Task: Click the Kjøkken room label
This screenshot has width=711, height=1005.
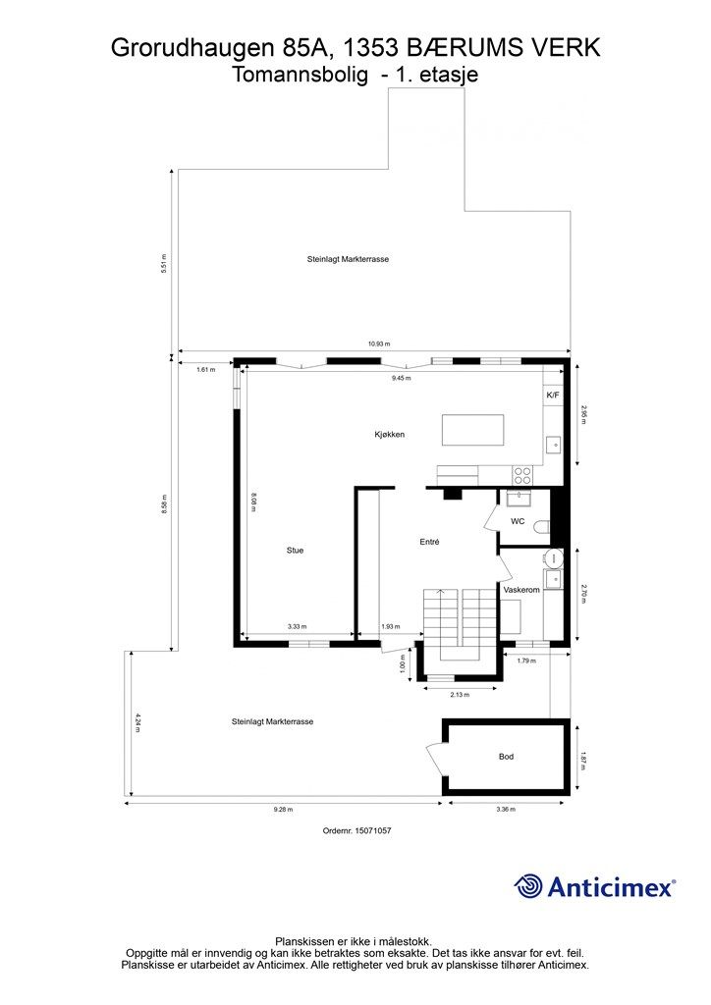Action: click(x=389, y=435)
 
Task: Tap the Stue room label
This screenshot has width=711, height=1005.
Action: click(x=295, y=550)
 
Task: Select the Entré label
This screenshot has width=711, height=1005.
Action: click(x=429, y=542)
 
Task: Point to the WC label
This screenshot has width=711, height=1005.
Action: click(x=518, y=521)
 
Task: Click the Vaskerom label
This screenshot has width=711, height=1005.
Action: click(x=521, y=590)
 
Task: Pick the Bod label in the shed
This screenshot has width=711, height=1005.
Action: click(x=506, y=757)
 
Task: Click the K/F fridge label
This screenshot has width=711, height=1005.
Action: click(x=553, y=395)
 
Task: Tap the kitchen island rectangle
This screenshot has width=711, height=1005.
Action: click(x=472, y=430)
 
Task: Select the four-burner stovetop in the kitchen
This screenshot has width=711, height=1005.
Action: click(x=521, y=476)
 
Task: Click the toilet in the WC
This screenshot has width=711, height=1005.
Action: click(x=542, y=527)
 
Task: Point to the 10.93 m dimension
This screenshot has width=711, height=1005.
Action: click(x=379, y=344)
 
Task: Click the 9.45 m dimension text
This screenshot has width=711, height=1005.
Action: click(x=402, y=378)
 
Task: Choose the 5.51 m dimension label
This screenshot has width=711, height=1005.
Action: click(x=164, y=264)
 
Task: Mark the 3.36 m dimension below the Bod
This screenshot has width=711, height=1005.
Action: click(x=506, y=810)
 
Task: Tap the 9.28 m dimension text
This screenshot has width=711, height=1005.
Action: click(x=283, y=810)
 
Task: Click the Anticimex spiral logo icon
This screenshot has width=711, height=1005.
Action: click(x=528, y=886)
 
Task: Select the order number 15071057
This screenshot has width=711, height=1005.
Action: click(x=374, y=830)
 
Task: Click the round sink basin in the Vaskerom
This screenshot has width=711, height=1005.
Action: click(x=553, y=558)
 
